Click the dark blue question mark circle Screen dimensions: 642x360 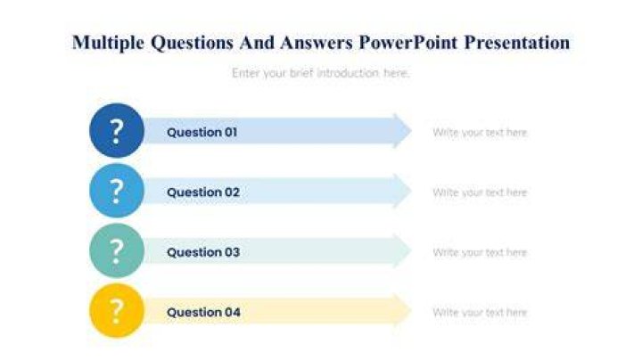click(x=117, y=130)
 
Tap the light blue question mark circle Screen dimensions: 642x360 click(x=117, y=191)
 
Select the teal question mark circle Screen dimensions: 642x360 click(x=117, y=250)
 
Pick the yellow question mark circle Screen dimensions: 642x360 click(x=117, y=311)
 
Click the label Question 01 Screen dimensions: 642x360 click(x=202, y=132)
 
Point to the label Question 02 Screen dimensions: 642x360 click(x=203, y=192)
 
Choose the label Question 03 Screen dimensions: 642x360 click(x=203, y=252)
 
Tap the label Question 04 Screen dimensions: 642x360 click(x=203, y=313)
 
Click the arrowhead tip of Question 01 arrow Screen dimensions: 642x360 click(x=411, y=131)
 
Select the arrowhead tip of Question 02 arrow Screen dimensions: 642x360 click(x=411, y=191)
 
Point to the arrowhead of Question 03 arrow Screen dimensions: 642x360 click(x=403, y=250)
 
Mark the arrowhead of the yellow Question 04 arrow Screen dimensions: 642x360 click(x=403, y=311)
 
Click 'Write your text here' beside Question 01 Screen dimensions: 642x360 click(x=480, y=133)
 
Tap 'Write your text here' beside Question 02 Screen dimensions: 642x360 click(x=480, y=192)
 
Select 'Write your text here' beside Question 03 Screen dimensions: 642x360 click(x=480, y=253)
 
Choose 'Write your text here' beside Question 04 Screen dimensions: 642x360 click(x=480, y=313)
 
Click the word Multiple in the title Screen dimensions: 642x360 click(x=108, y=43)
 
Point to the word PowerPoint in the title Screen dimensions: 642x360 click(x=407, y=43)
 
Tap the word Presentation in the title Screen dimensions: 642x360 click(x=516, y=43)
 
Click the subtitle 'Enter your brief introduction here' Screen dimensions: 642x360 click(x=321, y=73)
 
